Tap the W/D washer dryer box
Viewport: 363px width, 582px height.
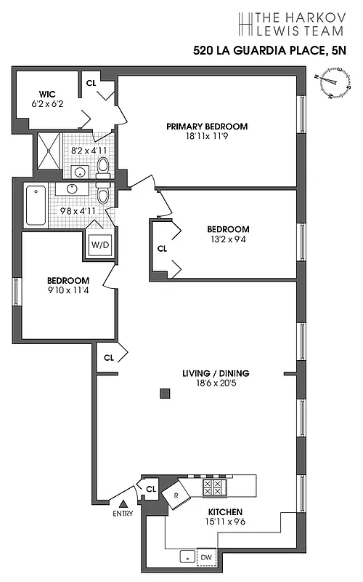[x=99, y=244]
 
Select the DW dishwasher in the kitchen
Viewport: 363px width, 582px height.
[x=207, y=557]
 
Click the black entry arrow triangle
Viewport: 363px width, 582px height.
[x=123, y=503]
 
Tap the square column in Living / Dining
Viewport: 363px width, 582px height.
[x=166, y=394]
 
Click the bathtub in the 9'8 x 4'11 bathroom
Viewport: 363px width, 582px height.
[x=36, y=205]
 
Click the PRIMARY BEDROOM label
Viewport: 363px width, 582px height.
[x=207, y=126]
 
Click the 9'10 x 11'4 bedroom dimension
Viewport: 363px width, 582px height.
[x=68, y=292]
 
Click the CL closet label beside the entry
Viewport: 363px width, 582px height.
[x=151, y=488]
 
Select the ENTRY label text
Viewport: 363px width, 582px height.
[x=123, y=514]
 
